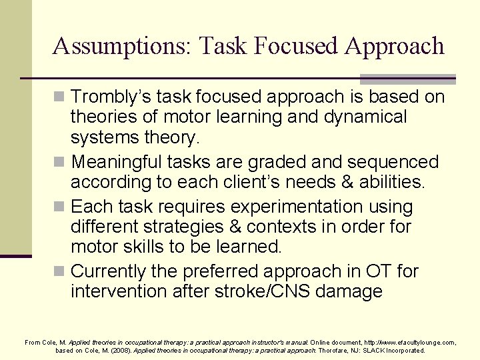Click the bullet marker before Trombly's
(61, 97)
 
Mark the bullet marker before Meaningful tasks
(61, 163)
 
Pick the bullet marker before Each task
(61, 207)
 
